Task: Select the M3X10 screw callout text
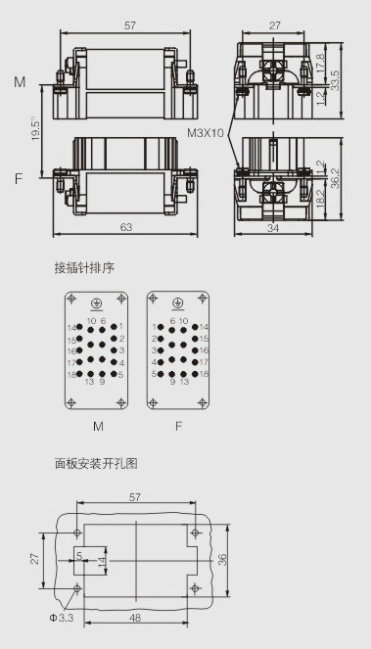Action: tap(206, 133)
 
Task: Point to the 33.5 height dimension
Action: tap(335, 80)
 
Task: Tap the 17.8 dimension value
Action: tap(320, 63)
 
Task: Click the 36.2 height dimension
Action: tap(335, 178)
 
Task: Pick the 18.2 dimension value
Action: tap(320, 199)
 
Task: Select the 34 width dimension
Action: tap(273, 228)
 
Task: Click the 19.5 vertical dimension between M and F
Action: tap(36, 129)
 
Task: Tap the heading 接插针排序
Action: tap(84, 268)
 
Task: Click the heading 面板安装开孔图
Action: tap(96, 464)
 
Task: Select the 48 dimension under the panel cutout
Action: tap(135, 618)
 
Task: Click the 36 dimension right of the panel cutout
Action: tap(222, 560)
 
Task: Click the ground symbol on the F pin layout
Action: tap(178, 304)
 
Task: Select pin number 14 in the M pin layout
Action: tap(72, 327)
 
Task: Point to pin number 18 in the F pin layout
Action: tap(204, 374)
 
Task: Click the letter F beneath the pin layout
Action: tap(178, 427)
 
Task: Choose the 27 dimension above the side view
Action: tap(274, 25)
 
